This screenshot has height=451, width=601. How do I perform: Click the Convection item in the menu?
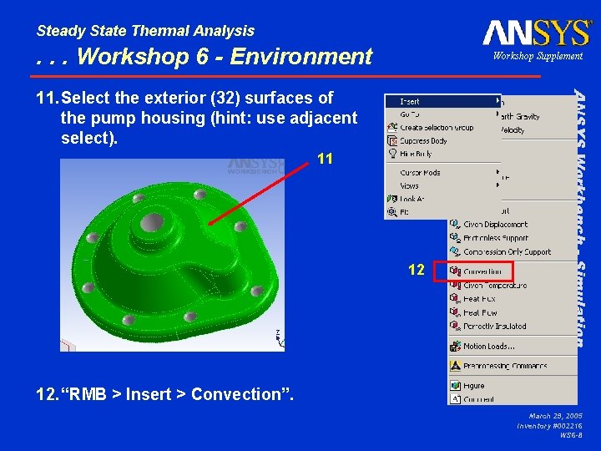pos(482,271)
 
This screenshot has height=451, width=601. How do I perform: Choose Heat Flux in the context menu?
pos(479,299)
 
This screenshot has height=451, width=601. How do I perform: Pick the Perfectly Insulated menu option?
pos(494,327)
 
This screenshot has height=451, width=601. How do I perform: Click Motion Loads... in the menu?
pos(488,346)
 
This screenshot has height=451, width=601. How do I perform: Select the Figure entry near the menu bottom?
pos(473,386)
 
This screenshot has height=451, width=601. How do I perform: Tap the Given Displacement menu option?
pos(495,224)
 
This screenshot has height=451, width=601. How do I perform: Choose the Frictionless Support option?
pos(495,238)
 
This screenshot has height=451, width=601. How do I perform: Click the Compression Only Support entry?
pos(507,251)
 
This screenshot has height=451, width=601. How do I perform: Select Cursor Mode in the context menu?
pos(420,172)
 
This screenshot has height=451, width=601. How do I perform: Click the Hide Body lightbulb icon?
pos(392,155)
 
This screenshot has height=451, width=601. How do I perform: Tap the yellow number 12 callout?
pos(417,270)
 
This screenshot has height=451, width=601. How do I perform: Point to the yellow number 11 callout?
pos(326,158)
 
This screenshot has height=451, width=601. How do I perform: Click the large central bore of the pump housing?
pos(152,222)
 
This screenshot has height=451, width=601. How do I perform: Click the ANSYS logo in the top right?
pos(536,33)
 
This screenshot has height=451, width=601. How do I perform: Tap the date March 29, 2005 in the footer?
pos(555,415)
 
